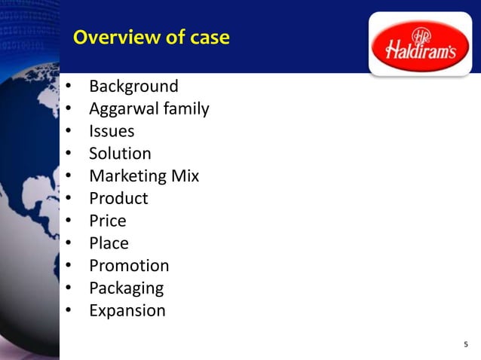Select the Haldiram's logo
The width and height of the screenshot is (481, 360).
(x=420, y=44)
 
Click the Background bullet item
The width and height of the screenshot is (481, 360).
(x=133, y=87)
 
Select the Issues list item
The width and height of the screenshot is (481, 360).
(x=112, y=131)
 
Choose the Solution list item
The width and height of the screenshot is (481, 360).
(x=120, y=154)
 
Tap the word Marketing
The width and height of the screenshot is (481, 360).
(x=127, y=176)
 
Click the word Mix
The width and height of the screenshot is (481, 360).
(x=185, y=176)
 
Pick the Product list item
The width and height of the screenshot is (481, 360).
(x=118, y=199)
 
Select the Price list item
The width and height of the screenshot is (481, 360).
(x=108, y=221)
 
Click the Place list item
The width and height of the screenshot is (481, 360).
(x=109, y=243)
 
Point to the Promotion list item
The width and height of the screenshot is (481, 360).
(x=129, y=266)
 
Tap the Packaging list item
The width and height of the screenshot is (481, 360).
(x=126, y=288)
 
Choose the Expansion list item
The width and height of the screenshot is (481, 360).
(x=127, y=310)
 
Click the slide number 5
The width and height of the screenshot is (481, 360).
(x=466, y=345)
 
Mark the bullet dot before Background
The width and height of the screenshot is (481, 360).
(x=68, y=87)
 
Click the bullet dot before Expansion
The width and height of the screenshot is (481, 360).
(x=68, y=311)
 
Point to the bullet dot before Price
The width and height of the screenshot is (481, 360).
(x=68, y=221)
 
